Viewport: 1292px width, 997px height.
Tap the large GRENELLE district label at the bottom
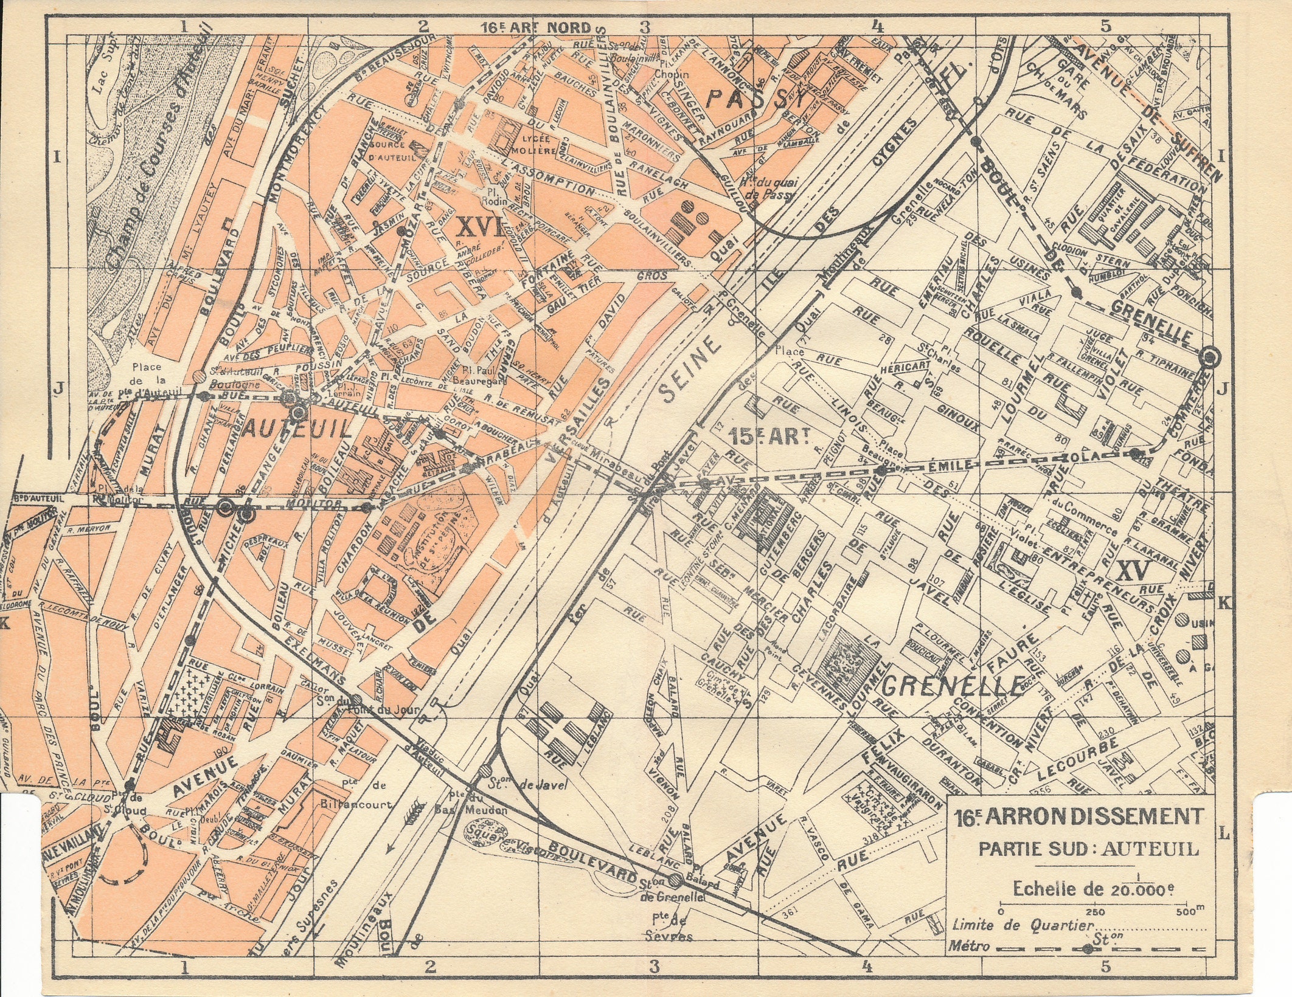click(953, 686)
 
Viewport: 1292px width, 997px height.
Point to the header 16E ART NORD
click(535, 27)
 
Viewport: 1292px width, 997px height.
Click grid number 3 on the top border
click(644, 26)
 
